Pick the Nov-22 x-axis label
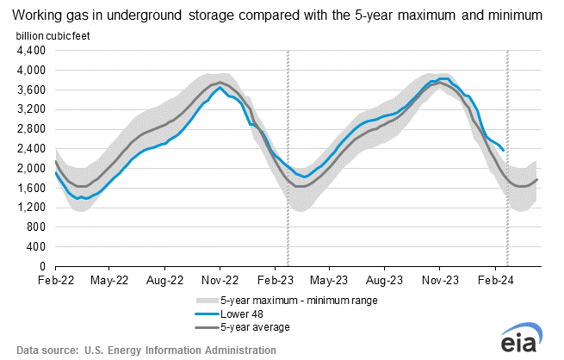(220, 280)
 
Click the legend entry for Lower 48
(239, 314)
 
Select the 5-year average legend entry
(254, 327)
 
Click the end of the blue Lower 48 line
(503, 150)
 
